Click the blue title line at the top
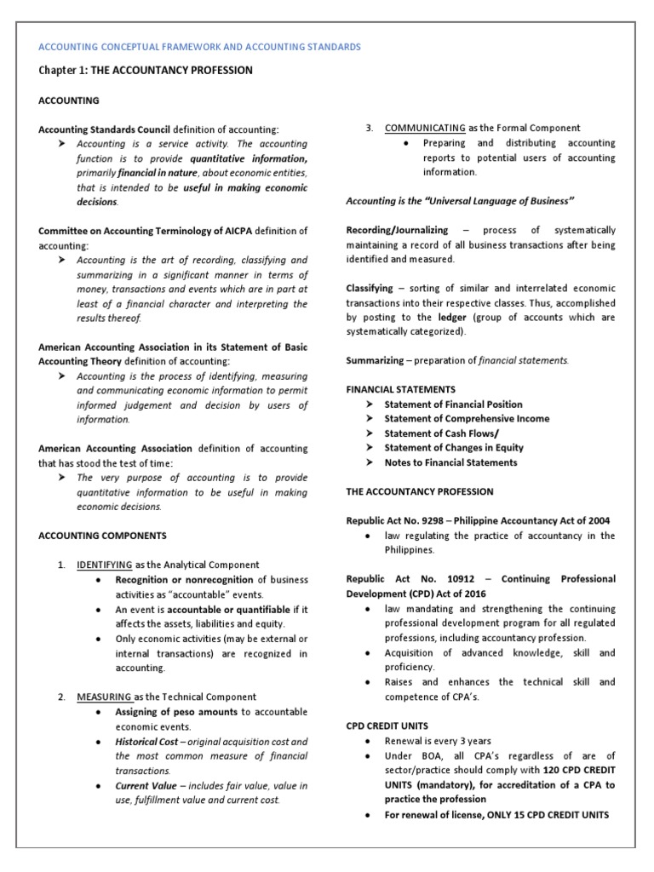click(x=201, y=46)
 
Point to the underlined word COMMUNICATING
click(x=425, y=128)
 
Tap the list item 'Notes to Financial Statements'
click(x=450, y=462)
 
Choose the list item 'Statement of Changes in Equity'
click(x=454, y=447)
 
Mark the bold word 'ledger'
click(x=452, y=317)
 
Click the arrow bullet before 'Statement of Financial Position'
click(x=369, y=404)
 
